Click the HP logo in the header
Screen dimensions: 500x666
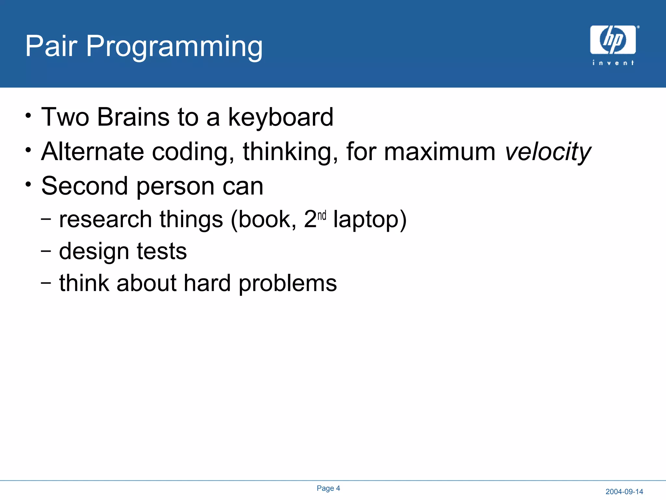point(613,40)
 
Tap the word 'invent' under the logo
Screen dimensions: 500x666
point(613,62)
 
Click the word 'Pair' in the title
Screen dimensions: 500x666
point(51,46)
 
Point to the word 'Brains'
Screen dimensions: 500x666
point(133,117)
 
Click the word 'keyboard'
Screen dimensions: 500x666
point(281,117)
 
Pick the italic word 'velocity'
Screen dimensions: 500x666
point(548,152)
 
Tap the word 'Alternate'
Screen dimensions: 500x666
point(93,151)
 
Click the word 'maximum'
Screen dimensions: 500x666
point(440,152)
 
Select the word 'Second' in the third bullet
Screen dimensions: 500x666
point(85,186)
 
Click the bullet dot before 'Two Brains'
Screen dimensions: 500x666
point(29,116)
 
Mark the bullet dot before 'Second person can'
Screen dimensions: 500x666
point(29,185)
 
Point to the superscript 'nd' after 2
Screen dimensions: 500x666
point(322,215)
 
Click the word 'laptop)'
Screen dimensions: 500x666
point(370,220)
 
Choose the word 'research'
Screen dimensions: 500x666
point(105,219)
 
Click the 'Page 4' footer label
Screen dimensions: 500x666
point(328,488)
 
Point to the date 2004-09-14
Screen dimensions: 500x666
point(624,492)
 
